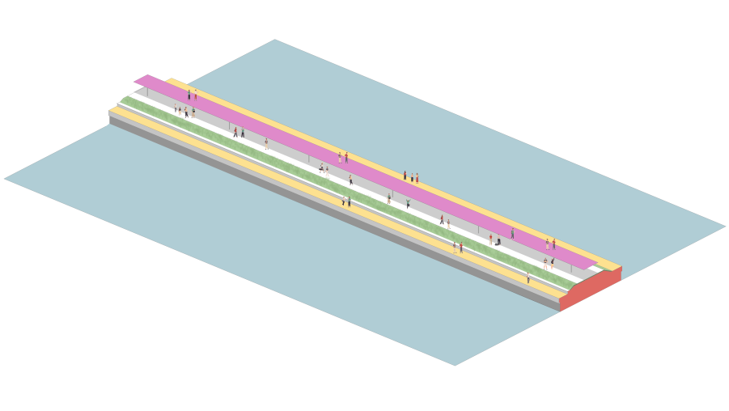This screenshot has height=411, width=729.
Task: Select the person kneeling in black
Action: pos(498,242)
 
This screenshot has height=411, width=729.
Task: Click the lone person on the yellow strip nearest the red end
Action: pos(528,278)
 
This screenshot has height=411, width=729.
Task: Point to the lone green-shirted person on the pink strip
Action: pos(512,233)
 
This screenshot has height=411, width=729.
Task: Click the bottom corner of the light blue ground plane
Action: pos(455,365)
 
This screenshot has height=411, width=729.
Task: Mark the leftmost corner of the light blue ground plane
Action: pos(5,179)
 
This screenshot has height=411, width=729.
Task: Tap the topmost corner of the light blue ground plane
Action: pos(275,40)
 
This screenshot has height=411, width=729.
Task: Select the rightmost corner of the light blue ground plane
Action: pos(725,227)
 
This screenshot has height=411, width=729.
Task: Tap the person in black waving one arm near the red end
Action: pos(553,262)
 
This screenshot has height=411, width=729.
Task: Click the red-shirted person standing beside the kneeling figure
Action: pos(490,239)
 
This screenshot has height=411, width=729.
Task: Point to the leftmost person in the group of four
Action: pos(175,108)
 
